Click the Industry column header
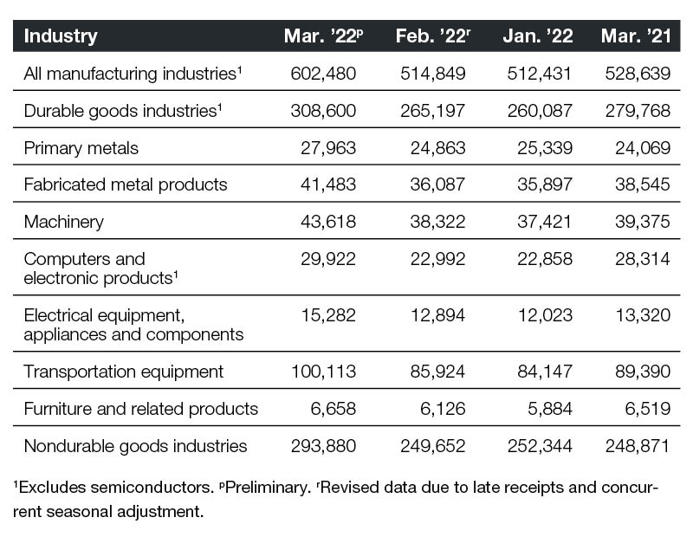tap(61, 36)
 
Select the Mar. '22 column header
tap(323, 36)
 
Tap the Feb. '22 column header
tap(432, 36)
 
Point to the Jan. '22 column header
tap(538, 36)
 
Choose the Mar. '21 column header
tap(636, 36)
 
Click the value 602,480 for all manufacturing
tap(323, 74)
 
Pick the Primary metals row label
tap(81, 148)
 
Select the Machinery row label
tap(63, 222)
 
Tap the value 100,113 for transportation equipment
tap(323, 372)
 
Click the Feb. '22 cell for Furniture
tap(443, 409)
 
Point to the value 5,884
tap(550, 409)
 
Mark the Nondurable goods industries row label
tap(135, 446)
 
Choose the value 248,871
tap(638, 446)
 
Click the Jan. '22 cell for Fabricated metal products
tap(545, 184)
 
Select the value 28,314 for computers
tap(643, 259)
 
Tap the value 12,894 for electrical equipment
tap(437, 315)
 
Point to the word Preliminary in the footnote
tap(268, 488)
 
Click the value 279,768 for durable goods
tap(638, 111)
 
